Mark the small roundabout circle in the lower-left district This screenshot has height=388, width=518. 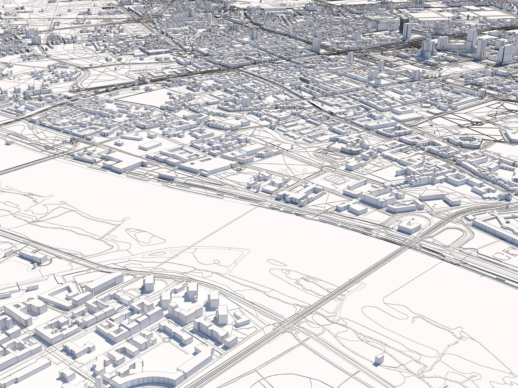click(x=166, y=339)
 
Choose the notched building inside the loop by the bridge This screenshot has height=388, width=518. click(x=409, y=226)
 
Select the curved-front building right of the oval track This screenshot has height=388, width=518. click(x=351, y=149)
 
